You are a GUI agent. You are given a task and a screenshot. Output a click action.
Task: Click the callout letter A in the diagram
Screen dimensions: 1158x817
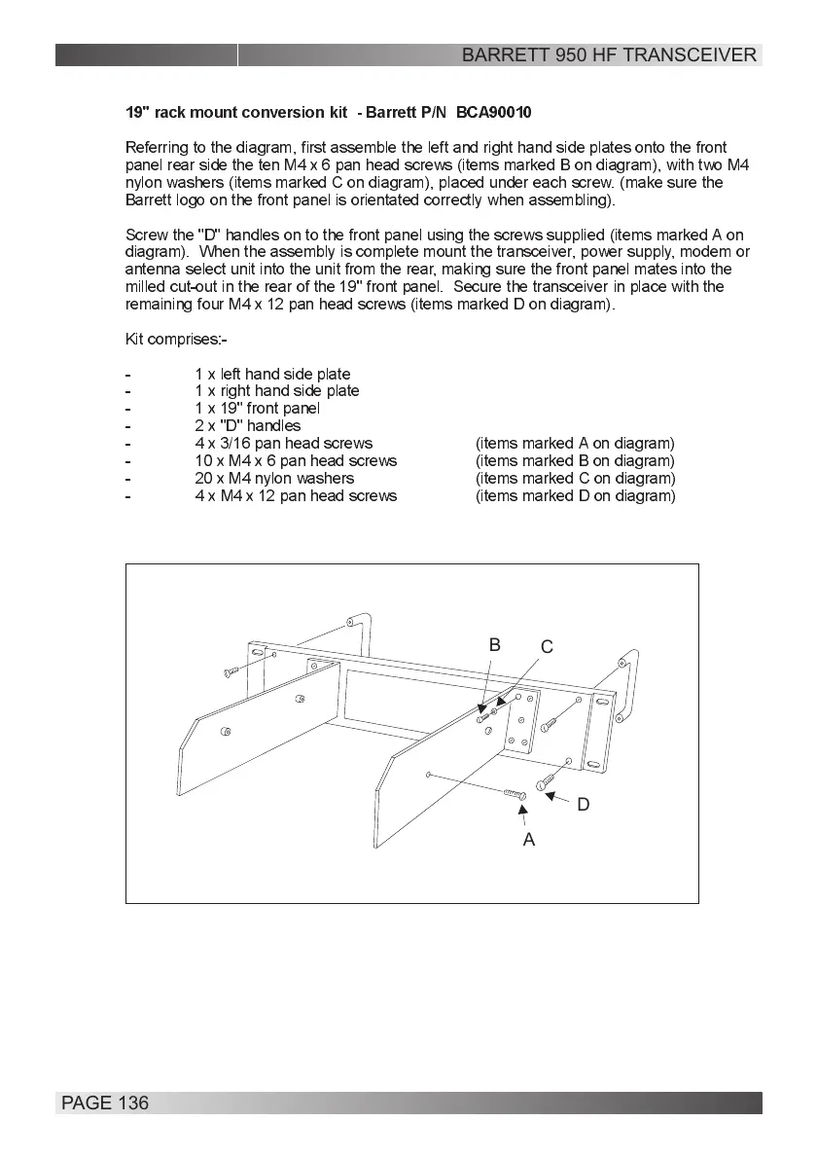[528, 839]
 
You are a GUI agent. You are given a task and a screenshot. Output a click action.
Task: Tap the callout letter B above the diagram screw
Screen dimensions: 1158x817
[494, 644]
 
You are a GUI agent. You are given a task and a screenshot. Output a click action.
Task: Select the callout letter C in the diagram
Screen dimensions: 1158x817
[547, 647]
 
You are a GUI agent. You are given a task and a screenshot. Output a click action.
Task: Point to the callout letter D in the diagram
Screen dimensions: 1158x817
[584, 805]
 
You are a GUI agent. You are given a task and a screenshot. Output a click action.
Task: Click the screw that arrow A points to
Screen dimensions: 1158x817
[515, 795]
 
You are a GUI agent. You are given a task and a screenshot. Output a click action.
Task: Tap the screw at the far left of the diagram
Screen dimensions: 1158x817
[231, 671]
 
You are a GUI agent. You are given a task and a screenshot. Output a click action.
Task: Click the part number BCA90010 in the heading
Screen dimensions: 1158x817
[493, 113]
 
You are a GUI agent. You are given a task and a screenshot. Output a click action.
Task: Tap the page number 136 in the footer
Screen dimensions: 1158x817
[132, 1103]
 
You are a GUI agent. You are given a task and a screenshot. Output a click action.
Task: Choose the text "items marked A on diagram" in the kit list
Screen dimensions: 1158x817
[575, 444]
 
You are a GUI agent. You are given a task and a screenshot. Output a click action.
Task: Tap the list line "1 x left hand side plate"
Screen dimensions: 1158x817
[272, 375]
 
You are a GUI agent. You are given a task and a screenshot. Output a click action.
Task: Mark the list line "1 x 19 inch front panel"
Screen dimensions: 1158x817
[257, 409]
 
